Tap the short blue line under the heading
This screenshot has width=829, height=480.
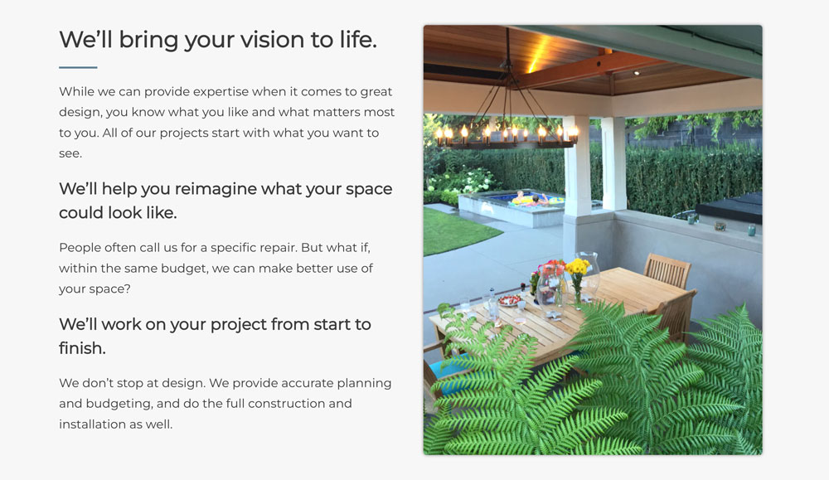point(78,67)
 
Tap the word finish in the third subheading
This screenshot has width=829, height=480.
point(82,348)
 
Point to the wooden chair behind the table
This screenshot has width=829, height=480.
point(667,270)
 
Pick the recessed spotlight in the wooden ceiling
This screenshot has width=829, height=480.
point(637,73)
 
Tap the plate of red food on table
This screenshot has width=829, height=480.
point(510,301)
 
